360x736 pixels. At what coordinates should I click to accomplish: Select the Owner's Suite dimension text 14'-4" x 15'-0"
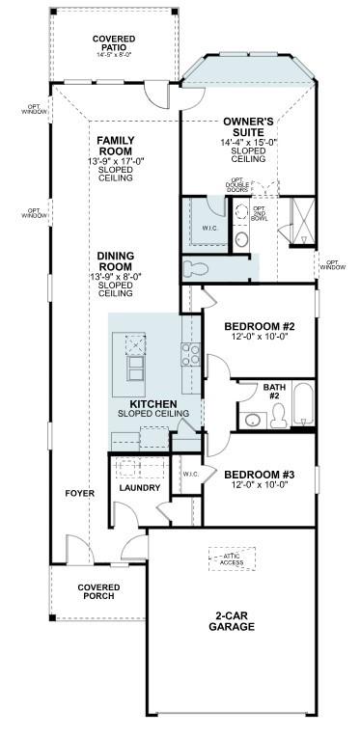pyautogui.click(x=249, y=142)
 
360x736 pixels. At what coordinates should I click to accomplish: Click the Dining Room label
pyautogui.click(x=115, y=261)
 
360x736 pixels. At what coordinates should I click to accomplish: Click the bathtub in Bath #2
pyautogui.click(x=301, y=405)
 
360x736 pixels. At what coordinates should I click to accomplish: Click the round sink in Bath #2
pyautogui.click(x=254, y=419)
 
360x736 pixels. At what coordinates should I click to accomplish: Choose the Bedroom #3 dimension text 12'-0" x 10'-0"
pyautogui.click(x=256, y=485)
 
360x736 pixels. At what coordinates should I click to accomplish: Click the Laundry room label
pyautogui.click(x=139, y=488)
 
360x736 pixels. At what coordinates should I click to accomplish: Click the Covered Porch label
pyautogui.click(x=99, y=591)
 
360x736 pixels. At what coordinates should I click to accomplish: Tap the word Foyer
pyautogui.click(x=79, y=493)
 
